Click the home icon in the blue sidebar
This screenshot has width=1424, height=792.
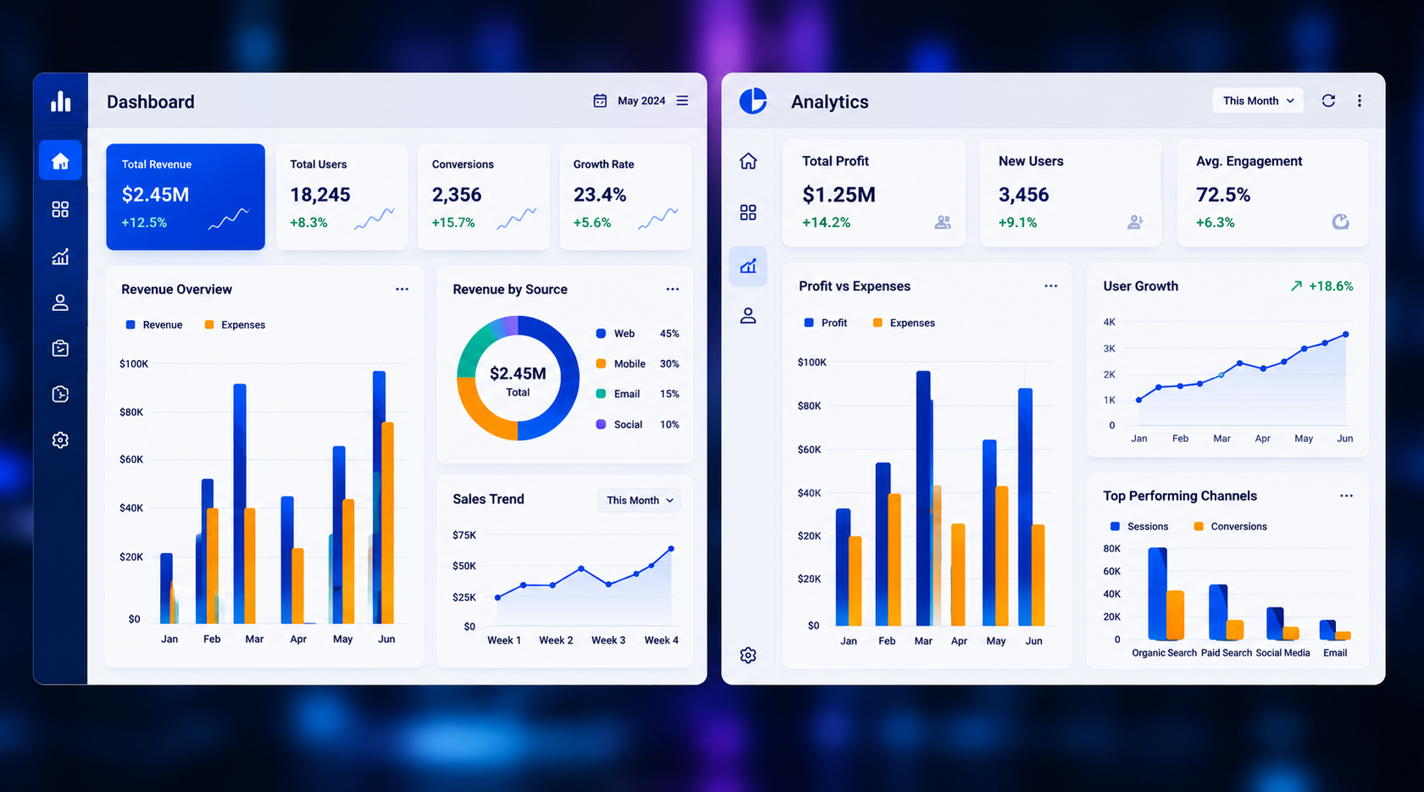point(60,161)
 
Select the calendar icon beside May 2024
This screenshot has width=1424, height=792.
point(600,101)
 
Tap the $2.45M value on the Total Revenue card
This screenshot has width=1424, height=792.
point(155,195)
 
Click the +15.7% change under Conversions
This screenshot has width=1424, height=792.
point(453,223)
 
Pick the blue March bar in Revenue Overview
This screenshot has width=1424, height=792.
point(240,503)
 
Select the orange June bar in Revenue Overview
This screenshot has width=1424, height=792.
point(387,523)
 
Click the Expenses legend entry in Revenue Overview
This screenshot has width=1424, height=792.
point(235,324)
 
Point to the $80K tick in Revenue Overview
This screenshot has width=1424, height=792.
point(131,412)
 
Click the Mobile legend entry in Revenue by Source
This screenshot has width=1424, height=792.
point(620,363)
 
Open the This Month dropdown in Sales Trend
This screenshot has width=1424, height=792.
point(639,501)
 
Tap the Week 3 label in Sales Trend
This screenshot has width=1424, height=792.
point(608,640)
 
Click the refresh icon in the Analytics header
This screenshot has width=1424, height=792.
point(1328,101)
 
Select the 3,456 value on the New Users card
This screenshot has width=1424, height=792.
point(1023,195)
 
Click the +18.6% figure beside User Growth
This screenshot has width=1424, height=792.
point(1331,286)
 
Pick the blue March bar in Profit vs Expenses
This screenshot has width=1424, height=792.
point(923,498)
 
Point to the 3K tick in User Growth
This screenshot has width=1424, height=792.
point(1110,348)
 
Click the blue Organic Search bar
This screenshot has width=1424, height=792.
point(1157,594)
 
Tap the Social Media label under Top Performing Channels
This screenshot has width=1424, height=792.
point(1283,653)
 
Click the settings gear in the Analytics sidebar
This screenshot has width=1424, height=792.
point(748,656)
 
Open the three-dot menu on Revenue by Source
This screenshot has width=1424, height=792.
point(673,289)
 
